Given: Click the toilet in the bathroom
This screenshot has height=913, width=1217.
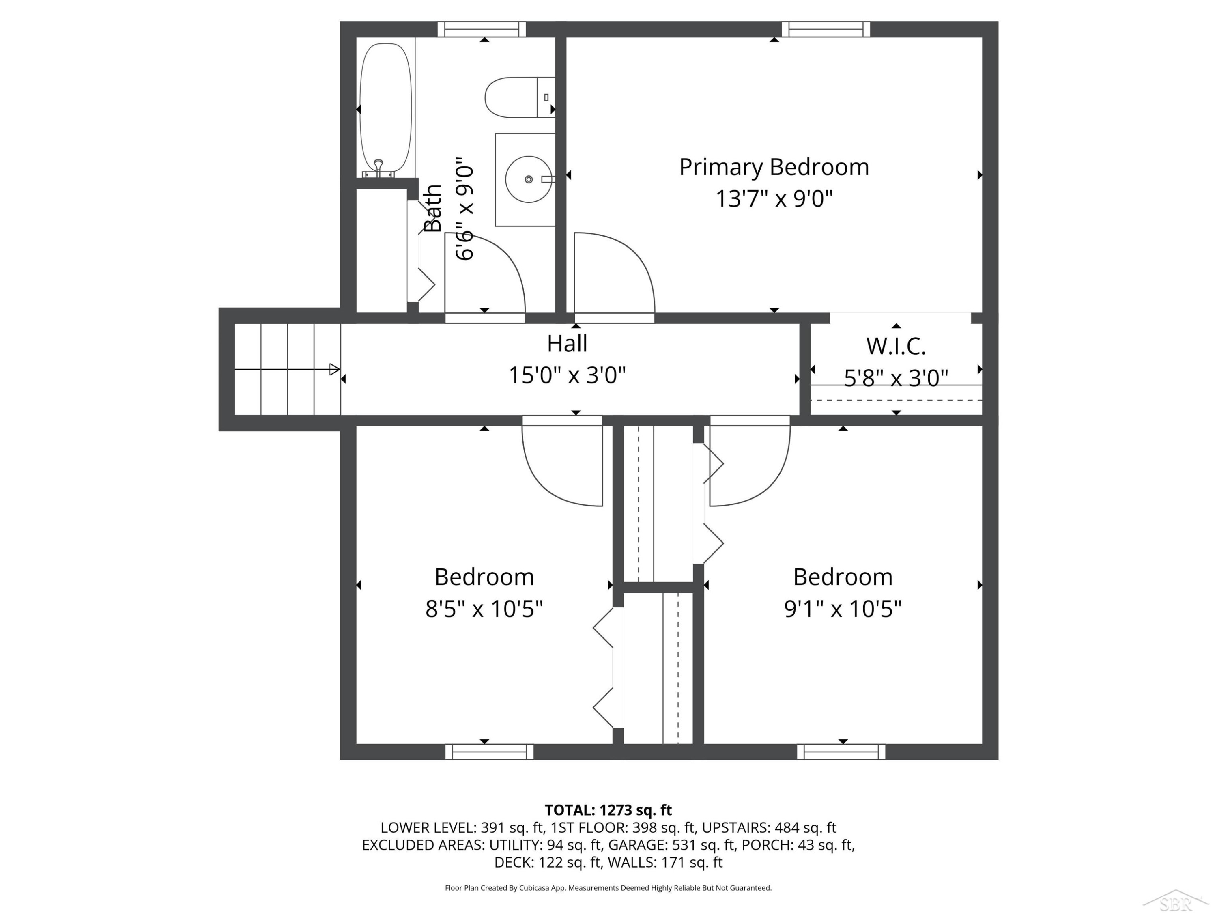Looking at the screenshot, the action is (x=519, y=97).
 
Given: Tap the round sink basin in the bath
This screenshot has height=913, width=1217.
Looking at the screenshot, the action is (x=528, y=179).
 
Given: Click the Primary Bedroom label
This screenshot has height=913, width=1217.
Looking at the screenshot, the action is (x=774, y=167).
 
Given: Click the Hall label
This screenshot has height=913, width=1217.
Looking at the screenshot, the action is (x=567, y=343).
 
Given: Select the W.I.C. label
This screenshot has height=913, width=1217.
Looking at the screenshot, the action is (x=896, y=346).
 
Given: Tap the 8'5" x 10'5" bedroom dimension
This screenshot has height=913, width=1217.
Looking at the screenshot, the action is (x=484, y=609).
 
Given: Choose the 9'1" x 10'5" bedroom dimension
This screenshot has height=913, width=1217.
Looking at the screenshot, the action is (x=843, y=609).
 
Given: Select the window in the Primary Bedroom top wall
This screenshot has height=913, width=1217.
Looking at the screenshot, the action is (x=826, y=29).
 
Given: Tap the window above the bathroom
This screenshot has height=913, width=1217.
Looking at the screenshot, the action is (x=482, y=29).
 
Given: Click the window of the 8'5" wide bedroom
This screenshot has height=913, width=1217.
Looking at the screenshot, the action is (x=489, y=752).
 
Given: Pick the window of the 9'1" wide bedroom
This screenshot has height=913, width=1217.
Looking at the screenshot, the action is (x=841, y=752).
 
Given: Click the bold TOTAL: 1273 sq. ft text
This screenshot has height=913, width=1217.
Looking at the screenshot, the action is (x=608, y=810).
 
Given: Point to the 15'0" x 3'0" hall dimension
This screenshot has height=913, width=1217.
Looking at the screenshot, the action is (x=567, y=375).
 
